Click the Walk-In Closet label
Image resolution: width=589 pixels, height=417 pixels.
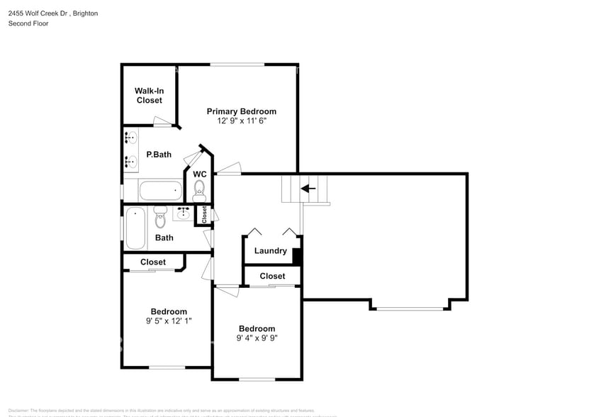pyautogui.click(x=149, y=96)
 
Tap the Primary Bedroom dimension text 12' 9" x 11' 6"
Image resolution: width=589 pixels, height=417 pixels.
pyautogui.click(x=241, y=121)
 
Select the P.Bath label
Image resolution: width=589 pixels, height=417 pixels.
pyautogui.click(x=159, y=155)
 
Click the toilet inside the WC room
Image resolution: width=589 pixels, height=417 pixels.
pyautogui.click(x=200, y=189)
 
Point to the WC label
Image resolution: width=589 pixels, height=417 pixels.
pyautogui.click(x=200, y=174)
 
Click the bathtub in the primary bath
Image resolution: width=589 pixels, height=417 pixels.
pyautogui.click(x=161, y=190)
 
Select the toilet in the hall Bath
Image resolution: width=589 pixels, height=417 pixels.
pyautogui.click(x=160, y=216)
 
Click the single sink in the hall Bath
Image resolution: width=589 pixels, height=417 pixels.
pyautogui.click(x=182, y=213)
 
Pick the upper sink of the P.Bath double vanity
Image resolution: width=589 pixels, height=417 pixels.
pyautogui.click(x=131, y=138)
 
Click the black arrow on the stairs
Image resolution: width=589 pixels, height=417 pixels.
pyautogui.click(x=308, y=189)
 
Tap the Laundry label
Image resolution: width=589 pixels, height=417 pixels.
pyautogui.click(x=270, y=250)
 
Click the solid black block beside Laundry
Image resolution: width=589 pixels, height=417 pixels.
pyautogui.click(x=298, y=256)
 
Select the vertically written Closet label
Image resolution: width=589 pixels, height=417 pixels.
pyautogui.click(x=204, y=215)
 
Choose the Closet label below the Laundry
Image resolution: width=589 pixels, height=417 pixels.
pyautogui.click(x=272, y=276)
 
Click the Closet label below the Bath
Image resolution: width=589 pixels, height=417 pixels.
pyautogui.click(x=153, y=262)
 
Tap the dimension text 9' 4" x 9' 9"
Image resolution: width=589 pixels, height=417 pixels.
pyautogui.click(x=257, y=338)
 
